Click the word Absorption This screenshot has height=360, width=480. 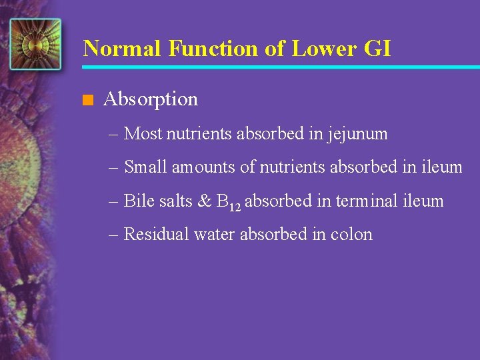(x=151, y=100)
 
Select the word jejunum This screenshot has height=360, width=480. (x=357, y=135)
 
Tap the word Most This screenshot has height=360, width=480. (x=143, y=134)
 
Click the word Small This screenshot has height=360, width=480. (x=146, y=167)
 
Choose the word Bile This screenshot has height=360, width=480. (x=139, y=201)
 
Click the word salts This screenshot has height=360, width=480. (x=175, y=201)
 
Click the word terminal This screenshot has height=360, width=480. (x=367, y=201)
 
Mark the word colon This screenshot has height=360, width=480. (x=351, y=235)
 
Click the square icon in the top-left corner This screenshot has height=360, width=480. (x=35, y=44)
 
